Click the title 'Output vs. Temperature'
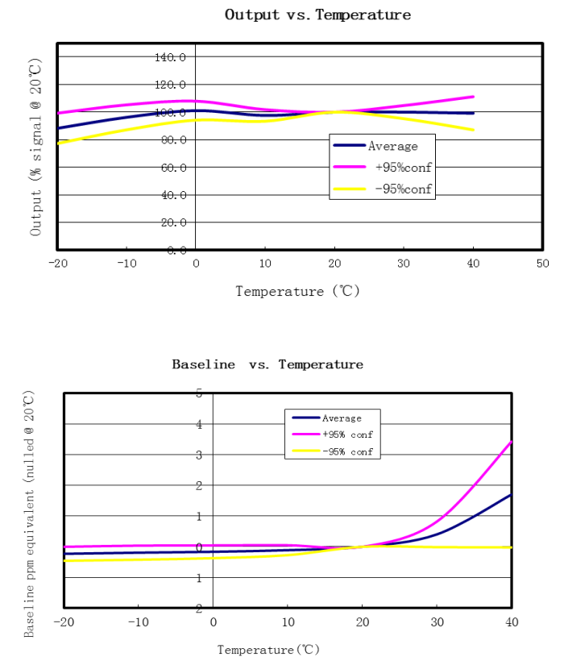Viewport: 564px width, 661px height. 317,15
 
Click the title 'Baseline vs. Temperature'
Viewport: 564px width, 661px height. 267,364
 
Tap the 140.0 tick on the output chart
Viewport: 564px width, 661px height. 170,57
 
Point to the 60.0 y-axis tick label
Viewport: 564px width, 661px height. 170,167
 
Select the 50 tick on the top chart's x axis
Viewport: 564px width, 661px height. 542,263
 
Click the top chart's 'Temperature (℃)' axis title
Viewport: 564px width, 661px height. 297,291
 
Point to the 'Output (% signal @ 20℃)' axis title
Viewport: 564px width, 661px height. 35,146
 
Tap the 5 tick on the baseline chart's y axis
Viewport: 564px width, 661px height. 198,393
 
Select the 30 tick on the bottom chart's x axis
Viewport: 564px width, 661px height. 437,622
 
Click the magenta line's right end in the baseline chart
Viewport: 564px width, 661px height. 511,442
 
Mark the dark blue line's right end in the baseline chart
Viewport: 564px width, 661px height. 511,495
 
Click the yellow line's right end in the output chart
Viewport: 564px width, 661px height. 473,130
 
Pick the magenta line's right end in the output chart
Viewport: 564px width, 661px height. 473,96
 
